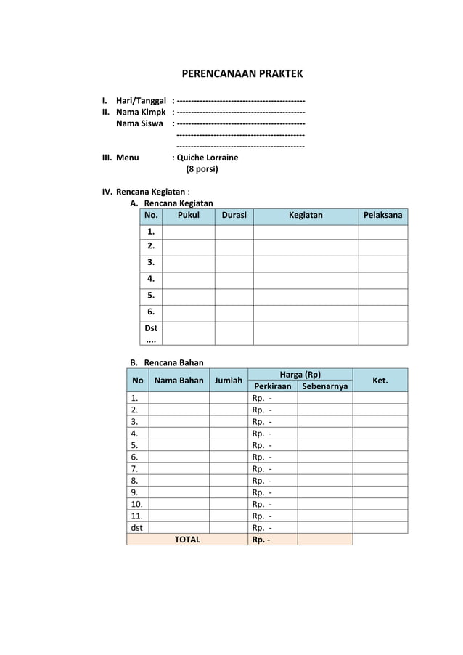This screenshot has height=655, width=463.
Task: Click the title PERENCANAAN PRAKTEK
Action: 242,74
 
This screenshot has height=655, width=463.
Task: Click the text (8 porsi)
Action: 202,169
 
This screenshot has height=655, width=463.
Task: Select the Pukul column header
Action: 188,216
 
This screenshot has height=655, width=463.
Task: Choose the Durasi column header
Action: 234,216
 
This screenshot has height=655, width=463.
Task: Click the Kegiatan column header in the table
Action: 306,216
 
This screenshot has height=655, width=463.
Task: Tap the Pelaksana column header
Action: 382,216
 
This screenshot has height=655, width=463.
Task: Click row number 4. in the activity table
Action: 151,278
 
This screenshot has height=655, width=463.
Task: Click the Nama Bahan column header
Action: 179,381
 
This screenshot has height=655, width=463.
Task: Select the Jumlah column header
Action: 228,381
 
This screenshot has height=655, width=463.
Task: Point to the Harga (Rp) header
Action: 300,375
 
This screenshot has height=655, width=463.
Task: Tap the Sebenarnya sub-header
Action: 324,386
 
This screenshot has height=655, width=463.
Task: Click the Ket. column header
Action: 380,381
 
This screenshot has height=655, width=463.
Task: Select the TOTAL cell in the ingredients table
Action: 187,540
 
